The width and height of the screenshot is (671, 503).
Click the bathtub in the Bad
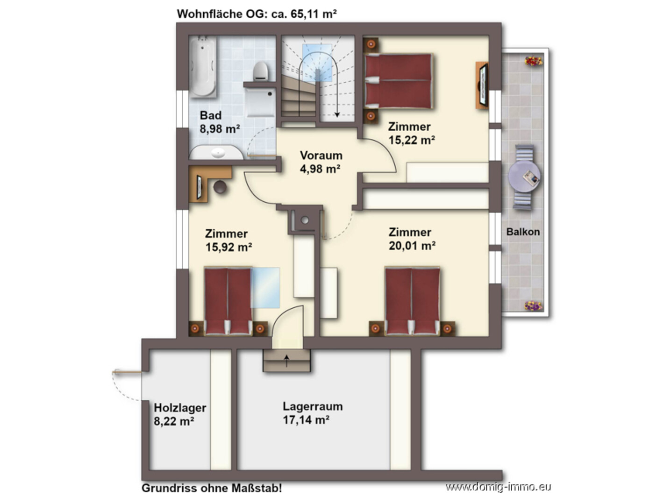(203, 67)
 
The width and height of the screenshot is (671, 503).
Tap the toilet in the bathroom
(260, 71)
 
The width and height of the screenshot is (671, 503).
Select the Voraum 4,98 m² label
(321, 162)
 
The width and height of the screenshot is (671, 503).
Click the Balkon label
(523, 232)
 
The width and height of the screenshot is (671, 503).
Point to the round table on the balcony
(524, 177)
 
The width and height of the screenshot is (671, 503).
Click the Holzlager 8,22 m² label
(180, 414)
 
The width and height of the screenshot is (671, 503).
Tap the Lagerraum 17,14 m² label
(313, 413)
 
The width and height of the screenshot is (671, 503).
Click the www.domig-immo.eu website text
(498, 487)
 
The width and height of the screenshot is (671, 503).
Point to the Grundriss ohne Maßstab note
(212, 488)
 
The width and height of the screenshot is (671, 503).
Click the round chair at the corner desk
(220, 187)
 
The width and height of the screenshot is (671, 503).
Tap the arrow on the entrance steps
(287, 361)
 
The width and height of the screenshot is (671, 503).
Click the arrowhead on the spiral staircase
(337, 115)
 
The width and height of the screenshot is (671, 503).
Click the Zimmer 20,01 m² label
(412, 239)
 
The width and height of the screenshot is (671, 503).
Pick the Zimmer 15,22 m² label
(412, 134)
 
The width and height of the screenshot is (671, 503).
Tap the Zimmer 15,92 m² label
(228, 241)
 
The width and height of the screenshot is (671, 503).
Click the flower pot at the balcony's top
(534, 61)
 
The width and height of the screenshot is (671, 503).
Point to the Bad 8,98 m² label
(220, 122)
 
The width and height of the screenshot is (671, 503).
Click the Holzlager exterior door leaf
(127, 372)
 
